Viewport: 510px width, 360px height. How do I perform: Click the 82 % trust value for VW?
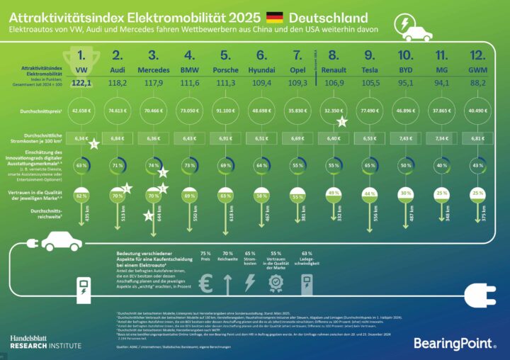(82, 195)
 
